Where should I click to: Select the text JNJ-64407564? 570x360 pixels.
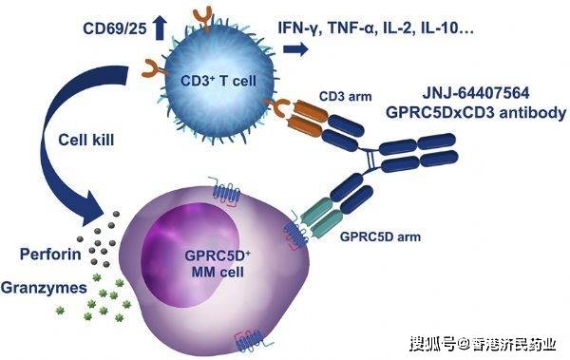click(484, 92)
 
